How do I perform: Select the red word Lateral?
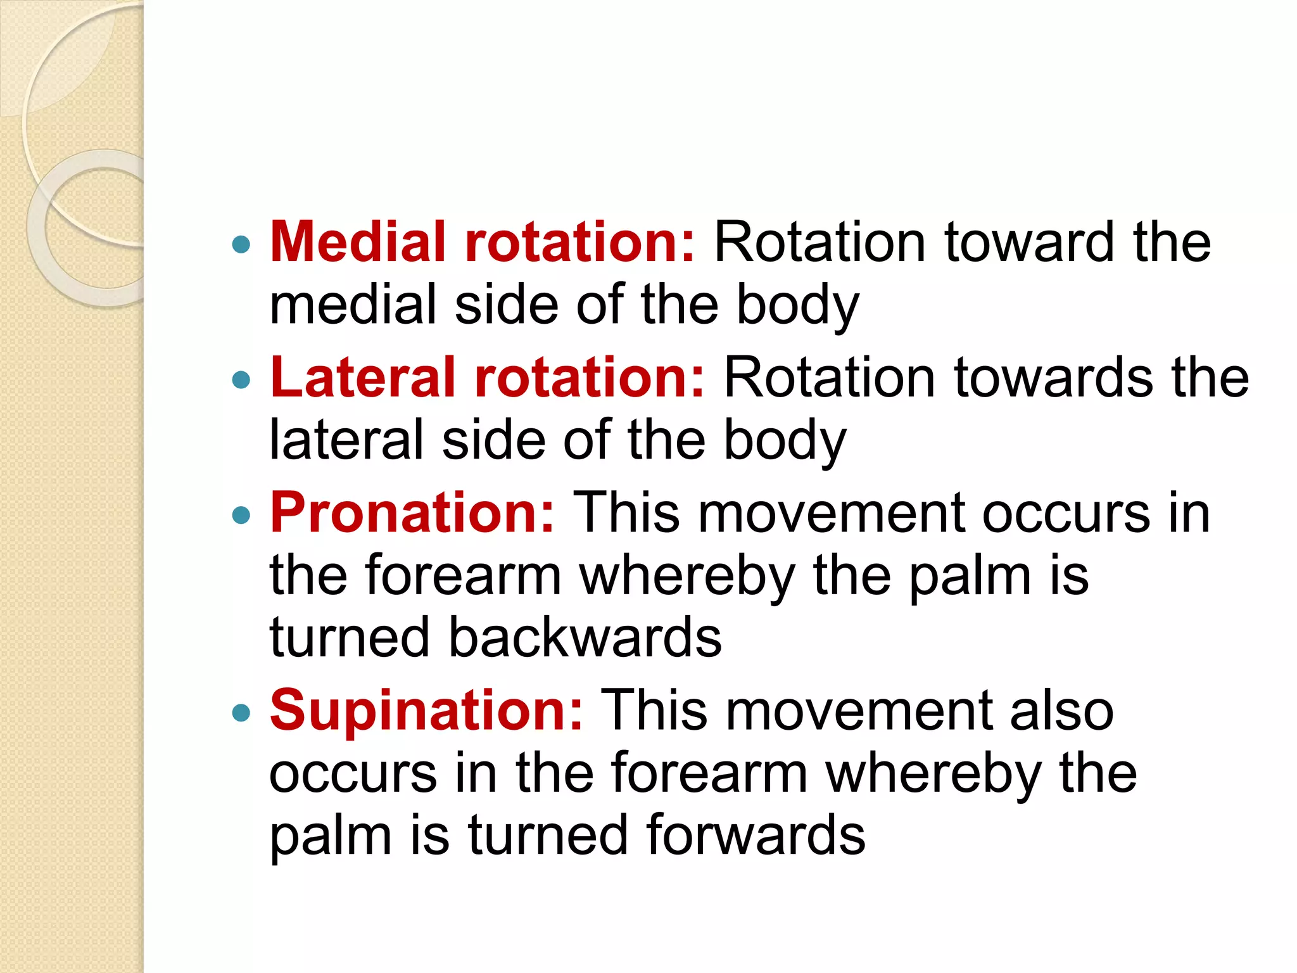pyautogui.click(x=363, y=378)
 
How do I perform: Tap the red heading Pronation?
pyautogui.click(x=412, y=513)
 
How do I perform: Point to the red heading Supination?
pyautogui.click(x=426, y=711)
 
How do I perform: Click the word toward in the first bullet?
pyautogui.click(x=1028, y=242)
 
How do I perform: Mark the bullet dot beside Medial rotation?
pyautogui.click(x=241, y=245)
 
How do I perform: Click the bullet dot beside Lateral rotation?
pyautogui.click(x=241, y=380)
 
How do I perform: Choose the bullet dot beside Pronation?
pyautogui.click(x=241, y=516)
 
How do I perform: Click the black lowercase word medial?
pyautogui.click(x=353, y=305)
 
